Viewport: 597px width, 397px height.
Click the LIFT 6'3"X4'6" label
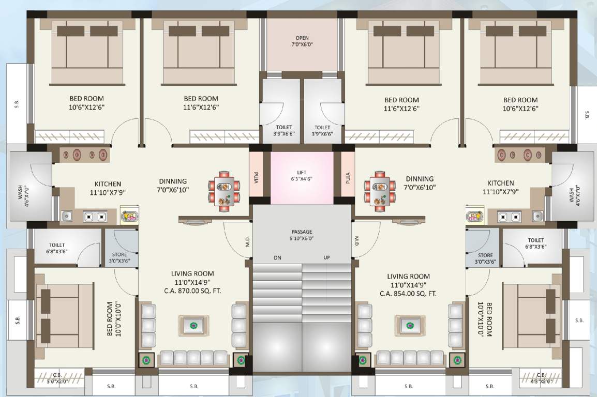pos(302,175)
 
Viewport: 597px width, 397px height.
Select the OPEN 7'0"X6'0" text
pos(302,41)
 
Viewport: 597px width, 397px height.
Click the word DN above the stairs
pos(278,257)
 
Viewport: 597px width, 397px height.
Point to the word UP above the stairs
pos(326,257)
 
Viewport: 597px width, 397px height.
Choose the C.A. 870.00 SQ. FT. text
pos(192,291)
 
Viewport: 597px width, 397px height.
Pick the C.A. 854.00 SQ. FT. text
pos(408,293)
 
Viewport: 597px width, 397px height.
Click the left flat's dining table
pos(225,193)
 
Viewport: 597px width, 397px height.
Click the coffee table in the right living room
pos(410,326)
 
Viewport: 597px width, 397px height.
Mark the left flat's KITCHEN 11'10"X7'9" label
pos(108,188)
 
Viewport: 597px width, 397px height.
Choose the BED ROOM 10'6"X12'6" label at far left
pos(86,103)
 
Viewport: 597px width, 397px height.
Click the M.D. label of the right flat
pos(357,240)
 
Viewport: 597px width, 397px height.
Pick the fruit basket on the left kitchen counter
pos(129,216)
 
